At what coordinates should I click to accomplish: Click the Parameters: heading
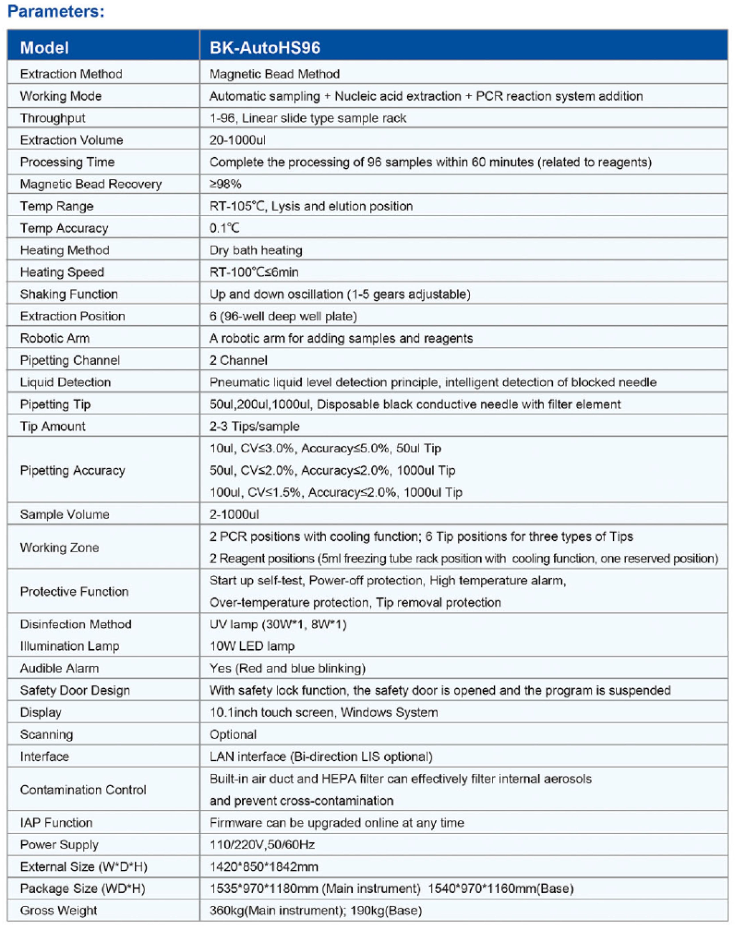[56, 12]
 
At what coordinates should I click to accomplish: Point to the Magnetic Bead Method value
[275, 74]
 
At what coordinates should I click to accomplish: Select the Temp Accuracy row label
[64, 228]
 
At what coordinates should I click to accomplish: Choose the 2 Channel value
[238, 360]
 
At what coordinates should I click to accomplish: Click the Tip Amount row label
[53, 426]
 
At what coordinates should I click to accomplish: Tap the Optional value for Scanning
[233, 734]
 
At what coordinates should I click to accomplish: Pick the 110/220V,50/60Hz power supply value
[262, 844]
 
